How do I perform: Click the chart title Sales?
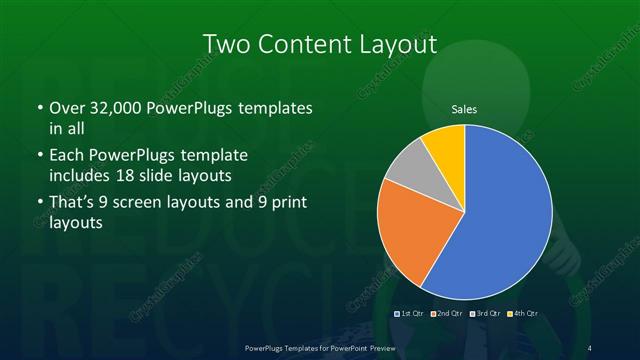point(463,108)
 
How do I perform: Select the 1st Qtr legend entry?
point(410,314)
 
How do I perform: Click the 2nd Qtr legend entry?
point(448,314)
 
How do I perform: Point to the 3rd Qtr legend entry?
point(487,314)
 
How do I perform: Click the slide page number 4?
point(590,347)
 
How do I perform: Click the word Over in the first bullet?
point(66,107)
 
